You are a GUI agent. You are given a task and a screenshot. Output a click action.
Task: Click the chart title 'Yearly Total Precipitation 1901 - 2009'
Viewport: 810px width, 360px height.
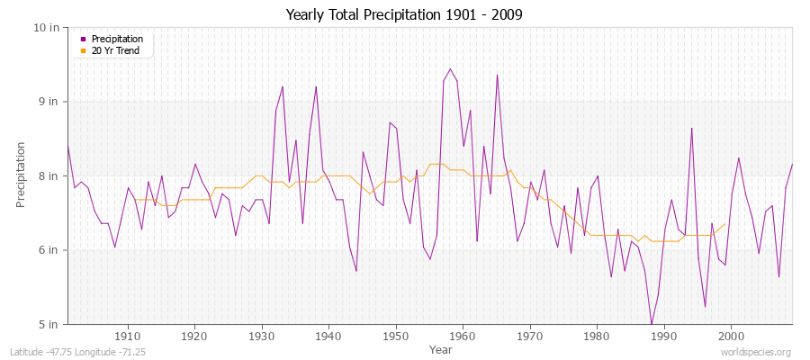(404, 15)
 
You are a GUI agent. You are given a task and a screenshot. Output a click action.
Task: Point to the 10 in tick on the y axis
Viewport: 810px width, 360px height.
(47, 27)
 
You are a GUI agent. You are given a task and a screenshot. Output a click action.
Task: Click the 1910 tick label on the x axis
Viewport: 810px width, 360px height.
(128, 337)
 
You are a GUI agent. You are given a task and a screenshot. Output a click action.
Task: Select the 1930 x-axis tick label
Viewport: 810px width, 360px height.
(262, 337)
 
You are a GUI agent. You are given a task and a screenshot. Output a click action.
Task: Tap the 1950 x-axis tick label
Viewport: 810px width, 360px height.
(396, 337)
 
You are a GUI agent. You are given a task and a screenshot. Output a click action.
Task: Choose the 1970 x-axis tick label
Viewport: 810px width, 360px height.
(530, 337)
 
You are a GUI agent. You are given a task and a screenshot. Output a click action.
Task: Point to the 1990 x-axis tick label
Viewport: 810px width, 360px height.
(664, 337)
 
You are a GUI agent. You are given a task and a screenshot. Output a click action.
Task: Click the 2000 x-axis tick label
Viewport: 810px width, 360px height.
(731, 337)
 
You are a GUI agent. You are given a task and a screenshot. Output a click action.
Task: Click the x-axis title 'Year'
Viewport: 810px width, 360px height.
(441, 349)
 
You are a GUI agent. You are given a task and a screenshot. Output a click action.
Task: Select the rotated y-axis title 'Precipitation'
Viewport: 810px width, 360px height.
(22, 175)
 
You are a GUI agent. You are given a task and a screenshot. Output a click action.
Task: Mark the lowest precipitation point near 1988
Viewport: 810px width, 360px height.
(651, 323)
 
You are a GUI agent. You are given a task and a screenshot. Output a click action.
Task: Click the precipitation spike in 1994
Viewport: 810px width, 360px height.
(691, 128)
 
